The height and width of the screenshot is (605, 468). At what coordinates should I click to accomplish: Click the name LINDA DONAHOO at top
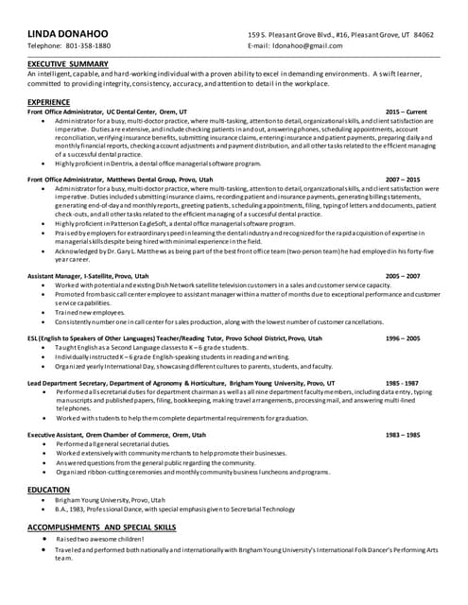[67, 34]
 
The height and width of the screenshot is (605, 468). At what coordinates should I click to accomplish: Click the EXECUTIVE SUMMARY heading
[68, 63]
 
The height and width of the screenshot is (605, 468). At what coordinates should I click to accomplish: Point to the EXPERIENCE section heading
[48, 100]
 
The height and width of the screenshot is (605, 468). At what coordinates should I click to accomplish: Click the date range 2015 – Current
[406, 111]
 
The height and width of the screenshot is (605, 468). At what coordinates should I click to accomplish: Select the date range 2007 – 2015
[403, 179]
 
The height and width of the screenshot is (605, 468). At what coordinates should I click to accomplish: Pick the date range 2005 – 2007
[403, 276]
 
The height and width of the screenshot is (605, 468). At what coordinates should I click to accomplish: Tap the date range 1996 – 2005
[403, 337]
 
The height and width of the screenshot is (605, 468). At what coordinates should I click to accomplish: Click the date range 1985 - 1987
[403, 382]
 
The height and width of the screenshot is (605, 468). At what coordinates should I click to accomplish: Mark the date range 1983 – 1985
[403, 434]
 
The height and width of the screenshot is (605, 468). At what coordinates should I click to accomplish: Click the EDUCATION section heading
[48, 490]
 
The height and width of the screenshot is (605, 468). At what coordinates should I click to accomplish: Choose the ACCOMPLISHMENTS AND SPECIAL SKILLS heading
[102, 525]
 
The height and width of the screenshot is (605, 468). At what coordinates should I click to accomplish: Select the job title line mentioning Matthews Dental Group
[120, 179]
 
